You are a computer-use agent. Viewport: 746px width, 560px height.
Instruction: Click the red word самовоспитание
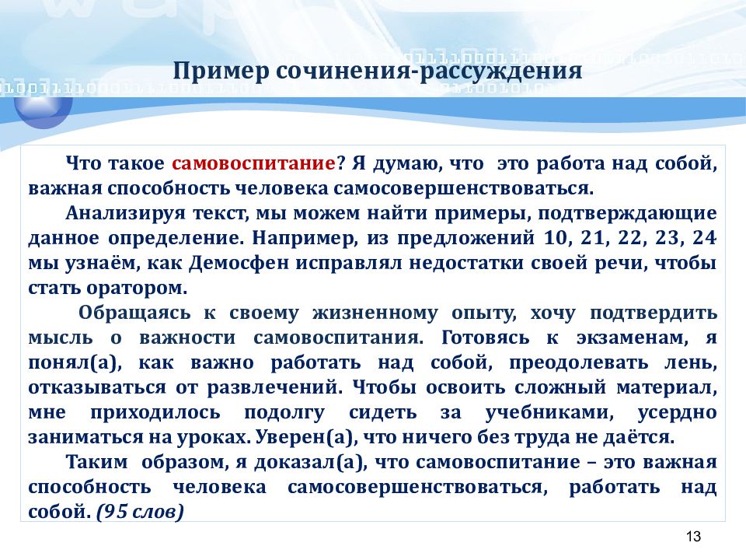point(253,163)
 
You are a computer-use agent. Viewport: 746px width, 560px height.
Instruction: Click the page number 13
point(693,536)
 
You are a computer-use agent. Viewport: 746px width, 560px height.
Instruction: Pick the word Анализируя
point(125,213)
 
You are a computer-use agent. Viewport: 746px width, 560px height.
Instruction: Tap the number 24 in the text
point(704,238)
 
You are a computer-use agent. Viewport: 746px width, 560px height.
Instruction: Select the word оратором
point(137,288)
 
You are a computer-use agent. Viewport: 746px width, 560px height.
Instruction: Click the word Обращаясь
point(134,313)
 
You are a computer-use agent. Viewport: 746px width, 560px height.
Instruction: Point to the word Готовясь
point(485,338)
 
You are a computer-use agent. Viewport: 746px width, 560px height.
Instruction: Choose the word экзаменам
point(632,338)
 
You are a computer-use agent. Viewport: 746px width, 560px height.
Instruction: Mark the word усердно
point(677,412)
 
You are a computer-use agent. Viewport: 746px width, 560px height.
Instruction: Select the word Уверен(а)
point(306,437)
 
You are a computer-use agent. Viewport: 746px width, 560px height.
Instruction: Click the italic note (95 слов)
point(140,512)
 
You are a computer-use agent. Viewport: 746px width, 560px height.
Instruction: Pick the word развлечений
point(274,387)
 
